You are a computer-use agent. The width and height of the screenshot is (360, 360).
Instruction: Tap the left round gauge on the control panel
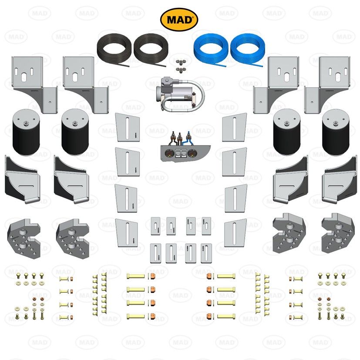(x=167, y=153)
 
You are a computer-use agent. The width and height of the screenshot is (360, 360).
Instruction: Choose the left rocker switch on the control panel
(x=178, y=153)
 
